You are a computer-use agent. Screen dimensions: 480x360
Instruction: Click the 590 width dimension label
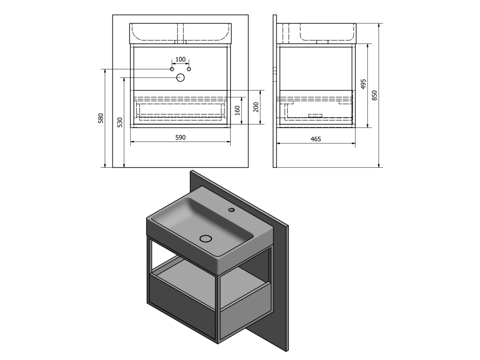(180, 137)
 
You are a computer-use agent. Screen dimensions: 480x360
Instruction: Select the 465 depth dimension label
(315, 139)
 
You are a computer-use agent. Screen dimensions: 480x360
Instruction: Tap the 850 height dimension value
(375, 96)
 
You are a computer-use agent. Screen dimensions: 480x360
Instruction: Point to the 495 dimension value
(363, 84)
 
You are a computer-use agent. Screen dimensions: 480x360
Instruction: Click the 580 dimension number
(101, 118)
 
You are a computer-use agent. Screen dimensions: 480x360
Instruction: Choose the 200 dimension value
(256, 107)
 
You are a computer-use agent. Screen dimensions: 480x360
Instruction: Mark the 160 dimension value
(237, 111)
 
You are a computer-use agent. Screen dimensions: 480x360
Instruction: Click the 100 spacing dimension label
(180, 59)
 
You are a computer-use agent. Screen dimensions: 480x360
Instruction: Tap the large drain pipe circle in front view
(180, 78)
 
